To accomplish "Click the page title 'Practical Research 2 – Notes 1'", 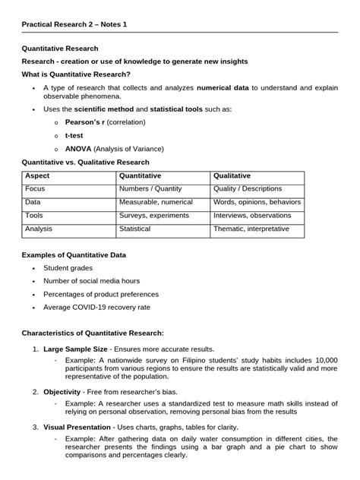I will click(x=74, y=24).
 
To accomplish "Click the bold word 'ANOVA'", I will click(x=77, y=148).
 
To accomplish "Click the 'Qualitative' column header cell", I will click(x=232, y=176).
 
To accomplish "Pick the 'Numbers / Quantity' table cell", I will click(x=149, y=189).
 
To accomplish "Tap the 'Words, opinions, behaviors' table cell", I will click(x=257, y=203).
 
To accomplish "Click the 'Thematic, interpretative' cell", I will click(x=251, y=229).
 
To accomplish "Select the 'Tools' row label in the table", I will click(x=34, y=216).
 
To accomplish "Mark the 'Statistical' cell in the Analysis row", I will click(x=135, y=229).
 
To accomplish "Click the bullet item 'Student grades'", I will click(x=68, y=268).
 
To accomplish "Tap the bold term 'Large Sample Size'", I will click(x=75, y=349).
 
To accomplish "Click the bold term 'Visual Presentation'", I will click(x=77, y=427).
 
